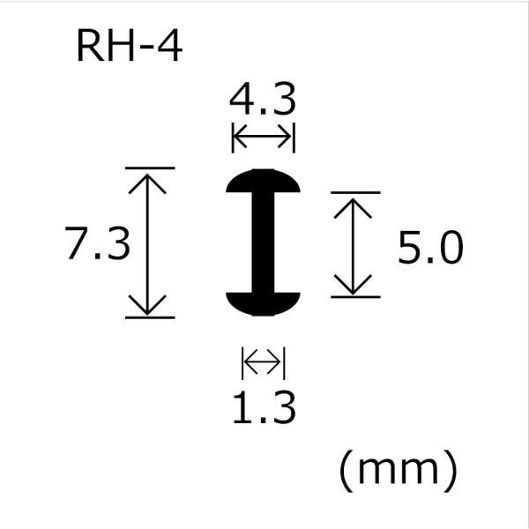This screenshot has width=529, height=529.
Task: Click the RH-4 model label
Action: click(x=130, y=46)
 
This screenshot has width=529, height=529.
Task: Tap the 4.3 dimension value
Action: click(x=263, y=99)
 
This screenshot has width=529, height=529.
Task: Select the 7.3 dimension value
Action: click(x=97, y=243)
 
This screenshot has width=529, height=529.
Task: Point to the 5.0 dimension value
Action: click(x=430, y=247)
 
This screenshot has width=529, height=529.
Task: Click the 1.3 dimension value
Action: click(x=264, y=407)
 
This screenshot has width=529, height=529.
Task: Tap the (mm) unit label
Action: click(x=399, y=470)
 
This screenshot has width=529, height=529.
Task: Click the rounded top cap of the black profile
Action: click(x=263, y=181)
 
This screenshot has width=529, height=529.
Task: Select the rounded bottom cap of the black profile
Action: click(x=263, y=304)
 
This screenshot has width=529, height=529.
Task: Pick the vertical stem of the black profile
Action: click(x=263, y=242)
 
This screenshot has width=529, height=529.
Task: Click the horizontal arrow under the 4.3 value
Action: click(x=262, y=137)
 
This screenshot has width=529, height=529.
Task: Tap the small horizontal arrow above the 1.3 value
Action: click(x=262, y=362)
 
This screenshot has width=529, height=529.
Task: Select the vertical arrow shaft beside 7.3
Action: click(x=147, y=244)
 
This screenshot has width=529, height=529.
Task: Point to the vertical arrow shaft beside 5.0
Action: click(x=353, y=246)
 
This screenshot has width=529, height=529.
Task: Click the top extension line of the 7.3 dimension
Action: click(x=150, y=168)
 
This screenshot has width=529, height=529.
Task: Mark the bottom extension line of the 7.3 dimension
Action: click(x=150, y=317)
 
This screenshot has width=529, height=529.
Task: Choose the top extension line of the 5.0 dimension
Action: click(x=355, y=192)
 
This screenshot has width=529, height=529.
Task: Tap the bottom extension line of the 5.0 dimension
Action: click(x=355, y=297)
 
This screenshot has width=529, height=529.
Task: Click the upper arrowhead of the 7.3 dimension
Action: click(x=147, y=183)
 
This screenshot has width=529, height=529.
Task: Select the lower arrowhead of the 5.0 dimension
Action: click(x=353, y=286)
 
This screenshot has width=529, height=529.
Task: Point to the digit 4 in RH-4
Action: click(x=170, y=46)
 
